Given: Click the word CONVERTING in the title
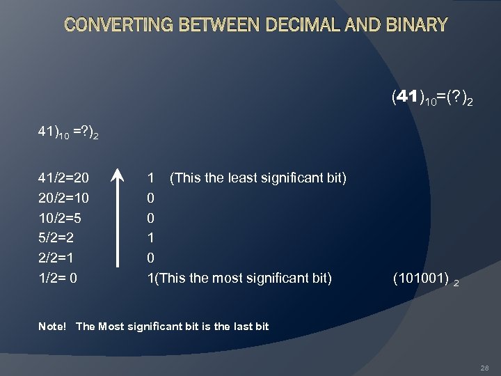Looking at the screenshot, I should point(118,26).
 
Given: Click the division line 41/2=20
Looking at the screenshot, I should point(63,178).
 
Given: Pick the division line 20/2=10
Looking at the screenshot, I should point(63,198).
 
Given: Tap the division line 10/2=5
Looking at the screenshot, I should point(60,218).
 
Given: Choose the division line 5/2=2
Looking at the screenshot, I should point(56,238).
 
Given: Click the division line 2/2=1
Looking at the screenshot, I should point(56,258).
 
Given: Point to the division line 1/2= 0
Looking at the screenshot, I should point(58,278).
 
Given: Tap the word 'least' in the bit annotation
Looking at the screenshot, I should point(233,178).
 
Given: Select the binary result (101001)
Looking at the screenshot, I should point(420,279).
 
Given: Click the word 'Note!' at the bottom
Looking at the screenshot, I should point(53,326).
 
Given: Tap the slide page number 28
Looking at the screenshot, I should point(485,367).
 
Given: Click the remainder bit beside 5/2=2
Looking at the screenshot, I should point(151,238).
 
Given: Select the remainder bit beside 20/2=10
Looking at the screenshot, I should point(151,198).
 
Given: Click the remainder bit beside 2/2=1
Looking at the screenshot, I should point(151,258).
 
